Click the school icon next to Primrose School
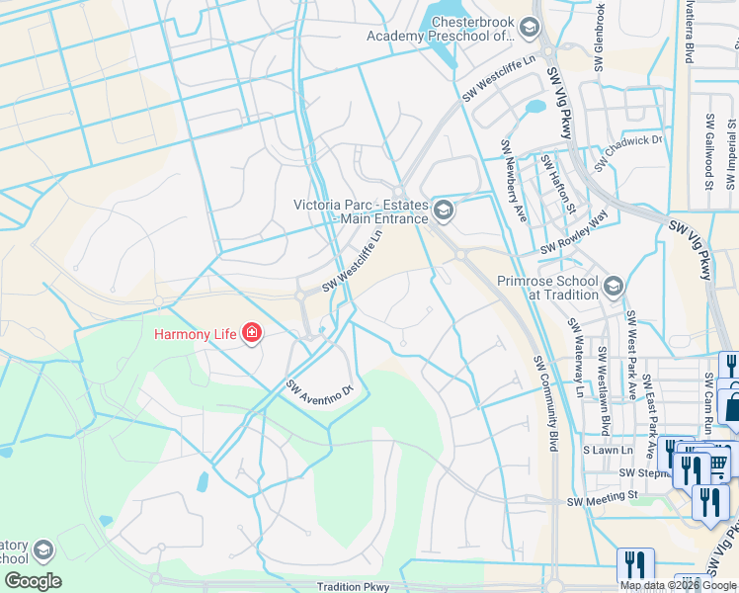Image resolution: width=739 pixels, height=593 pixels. pyautogui.click(x=613, y=287)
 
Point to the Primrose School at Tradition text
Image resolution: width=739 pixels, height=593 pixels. pyautogui.click(x=548, y=288)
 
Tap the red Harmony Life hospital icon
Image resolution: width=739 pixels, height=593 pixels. pyautogui.click(x=252, y=333)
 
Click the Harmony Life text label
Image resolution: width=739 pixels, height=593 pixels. pyautogui.click(x=195, y=334)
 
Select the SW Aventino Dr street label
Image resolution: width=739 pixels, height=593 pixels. pyautogui.click(x=319, y=388)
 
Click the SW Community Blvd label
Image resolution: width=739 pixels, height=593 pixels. pyautogui.click(x=546, y=404)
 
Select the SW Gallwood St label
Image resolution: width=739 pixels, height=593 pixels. pyautogui.click(x=709, y=150)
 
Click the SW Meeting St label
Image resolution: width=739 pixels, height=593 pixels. pyautogui.click(x=599, y=502)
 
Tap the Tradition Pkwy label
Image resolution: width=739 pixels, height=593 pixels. pyautogui.click(x=341, y=586)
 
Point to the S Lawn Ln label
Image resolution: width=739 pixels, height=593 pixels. pyautogui.click(x=599, y=450)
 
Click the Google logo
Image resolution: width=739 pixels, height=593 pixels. pyautogui.click(x=33, y=580)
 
